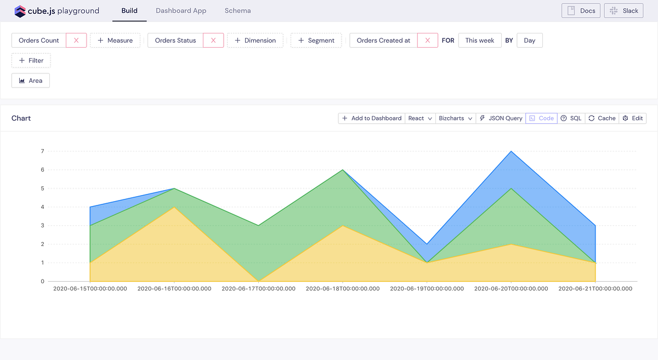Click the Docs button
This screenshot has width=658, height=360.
pyautogui.click(x=581, y=10)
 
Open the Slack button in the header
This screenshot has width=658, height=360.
pyautogui.click(x=624, y=10)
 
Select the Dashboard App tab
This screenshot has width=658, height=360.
pyautogui.click(x=181, y=10)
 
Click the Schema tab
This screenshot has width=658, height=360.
pyautogui.click(x=237, y=10)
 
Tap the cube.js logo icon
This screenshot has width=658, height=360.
pyautogui.click(x=20, y=11)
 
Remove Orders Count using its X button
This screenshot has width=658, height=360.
pyautogui.click(x=76, y=41)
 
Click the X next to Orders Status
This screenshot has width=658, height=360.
pyautogui.click(x=213, y=41)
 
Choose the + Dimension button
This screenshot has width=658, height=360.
pyautogui.click(x=255, y=41)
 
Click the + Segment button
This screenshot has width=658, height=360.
pyautogui.click(x=316, y=41)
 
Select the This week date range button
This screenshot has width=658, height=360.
pyautogui.click(x=480, y=41)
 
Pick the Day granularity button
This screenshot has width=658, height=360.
pyautogui.click(x=529, y=41)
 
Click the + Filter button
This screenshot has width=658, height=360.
pyautogui.click(x=31, y=60)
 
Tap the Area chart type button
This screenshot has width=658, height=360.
pyautogui.click(x=31, y=81)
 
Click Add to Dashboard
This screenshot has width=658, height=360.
pyautogui.click(x=371, y=118)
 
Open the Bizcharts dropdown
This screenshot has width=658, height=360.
pyautogui.click(x=456, y=118)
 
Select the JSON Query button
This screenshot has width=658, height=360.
pyautogui.click(x=501, y=118)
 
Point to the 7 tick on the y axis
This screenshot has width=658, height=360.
pyautogui.click(x=42, y=151)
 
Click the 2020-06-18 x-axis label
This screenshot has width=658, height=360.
pyautogui.click(x=342, y=289)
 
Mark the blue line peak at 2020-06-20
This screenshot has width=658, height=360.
pyautogui.click(x=511, y=151)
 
